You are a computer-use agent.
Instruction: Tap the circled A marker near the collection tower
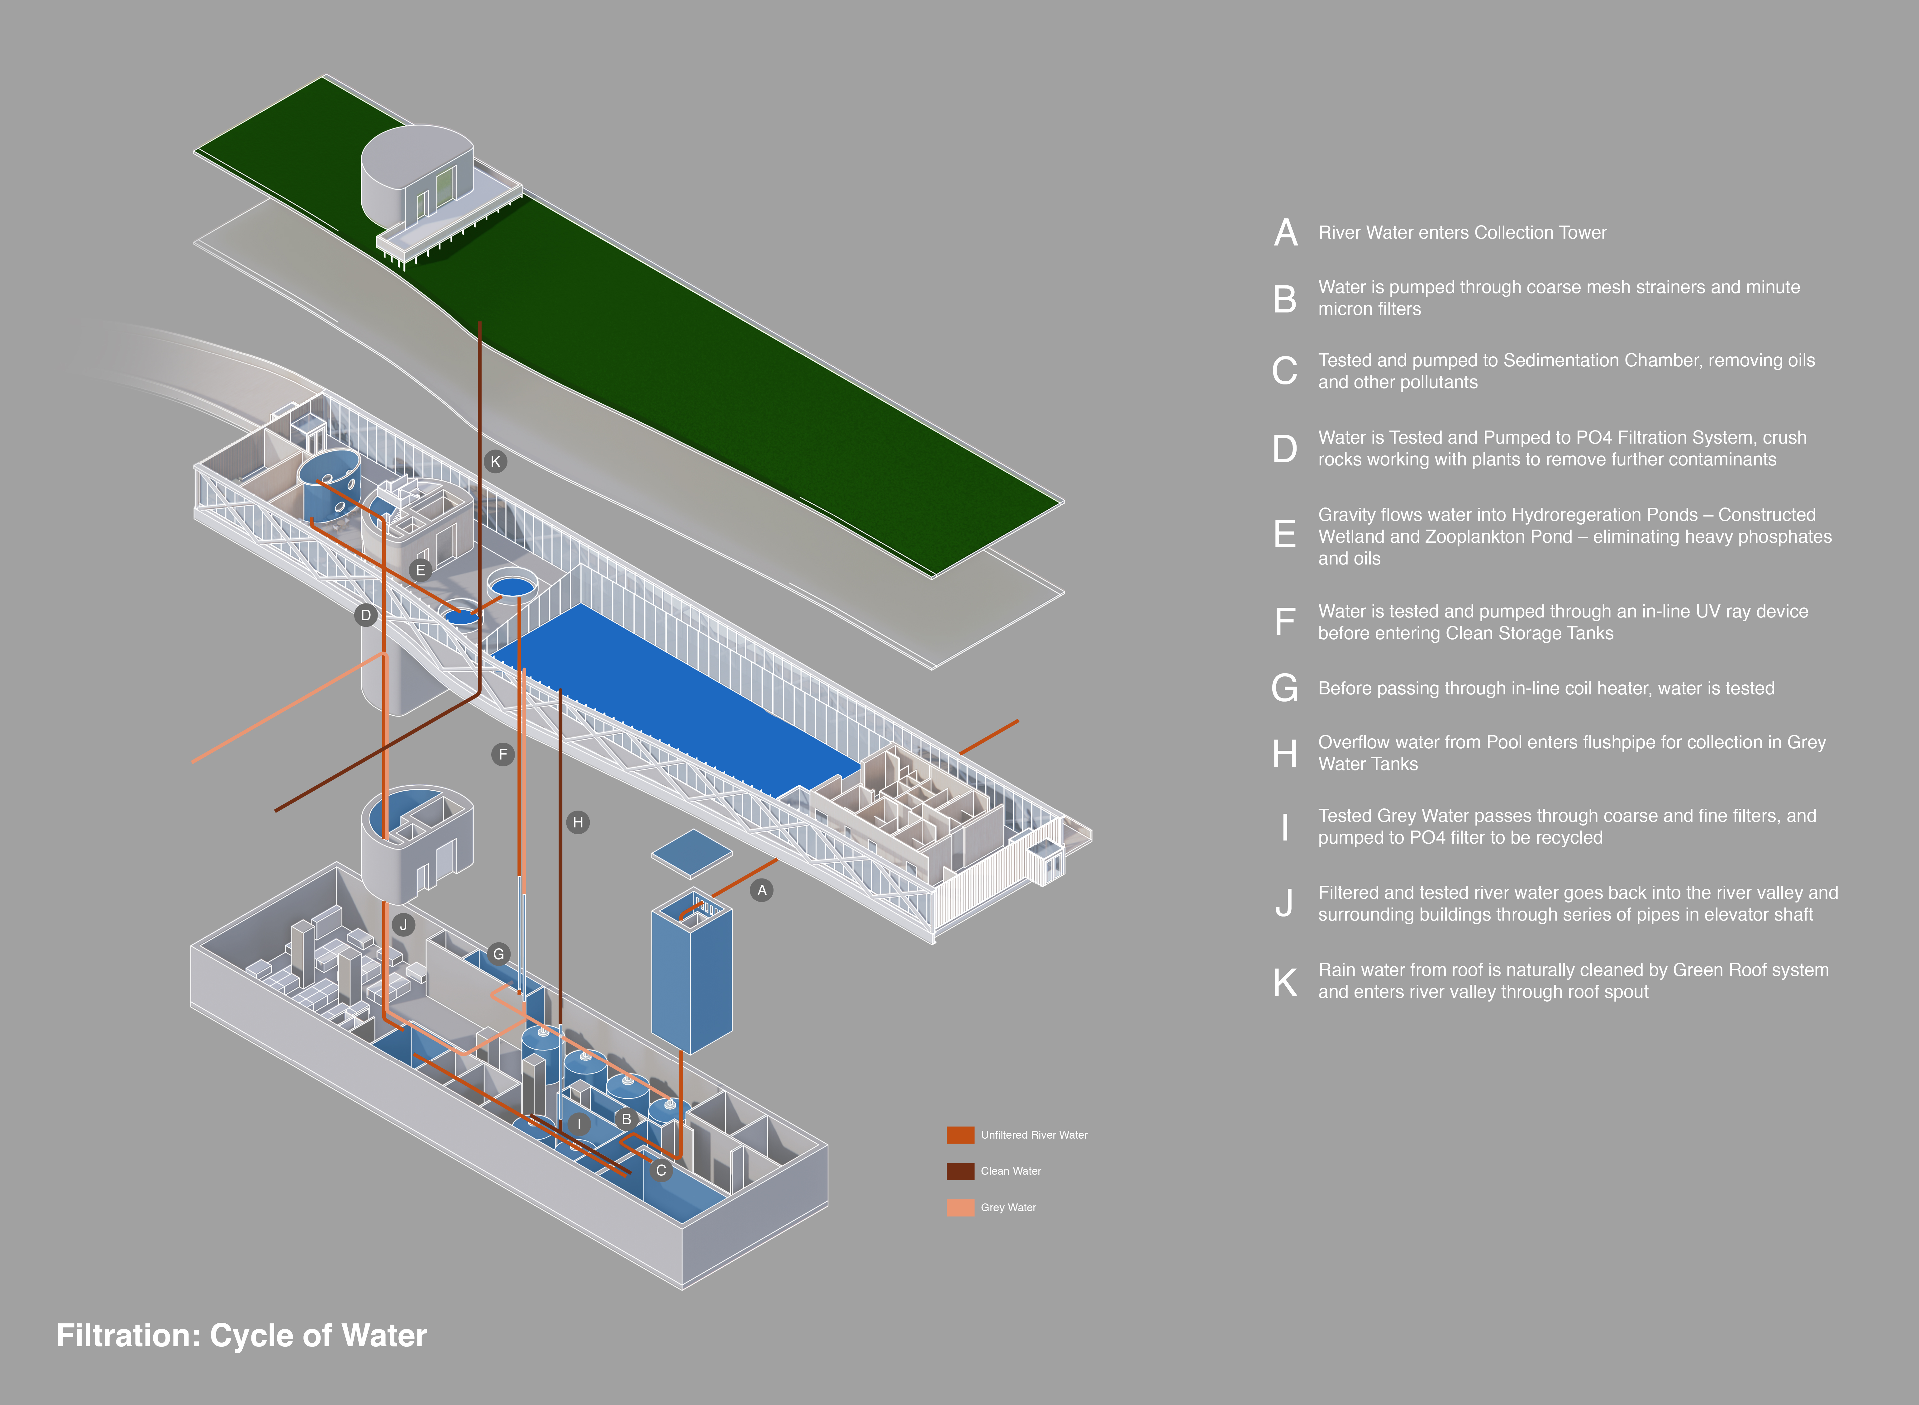tap(762, 890)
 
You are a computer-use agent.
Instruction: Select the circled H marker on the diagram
tap(578, 822)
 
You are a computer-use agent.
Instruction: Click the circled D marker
tap(366, 615)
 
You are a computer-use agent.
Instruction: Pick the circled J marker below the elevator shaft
tap(404, 925)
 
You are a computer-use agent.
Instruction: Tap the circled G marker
tap(499, 954)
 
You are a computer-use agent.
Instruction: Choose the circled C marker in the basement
tap(661, 1171)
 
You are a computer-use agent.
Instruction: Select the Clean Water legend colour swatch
tap(960, 1171)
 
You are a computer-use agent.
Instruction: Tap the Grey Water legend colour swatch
tap(960, 1208)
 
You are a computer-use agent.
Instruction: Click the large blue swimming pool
tap(672, 698)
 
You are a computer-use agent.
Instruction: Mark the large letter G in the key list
tap(1285, 688)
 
